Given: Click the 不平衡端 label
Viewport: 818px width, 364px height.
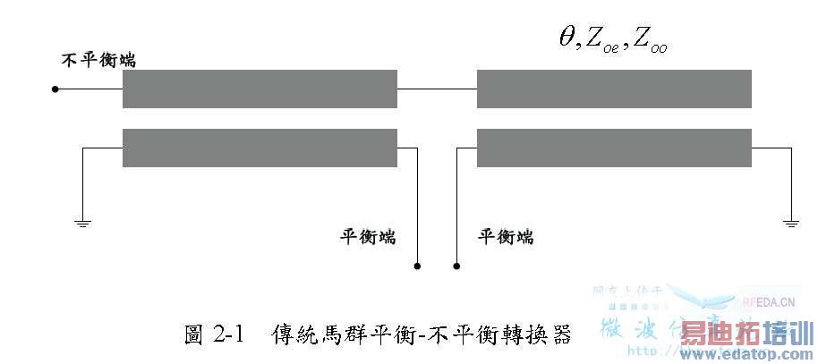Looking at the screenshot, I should click(x=98, y=61).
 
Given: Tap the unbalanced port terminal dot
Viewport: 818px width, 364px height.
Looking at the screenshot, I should click(x=55, y=89).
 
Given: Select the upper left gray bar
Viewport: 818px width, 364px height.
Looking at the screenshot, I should click(x=260, y=89).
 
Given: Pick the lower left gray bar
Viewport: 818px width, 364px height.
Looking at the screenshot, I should click(x=260, y=148).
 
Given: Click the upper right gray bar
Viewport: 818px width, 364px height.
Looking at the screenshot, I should click(x=614, y=89).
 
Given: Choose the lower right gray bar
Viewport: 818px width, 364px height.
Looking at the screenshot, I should click(x=614, y=148).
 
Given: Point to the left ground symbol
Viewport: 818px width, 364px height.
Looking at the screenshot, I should click(x=82, y=221).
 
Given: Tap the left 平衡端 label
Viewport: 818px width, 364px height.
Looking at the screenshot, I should click(x=367, y=237).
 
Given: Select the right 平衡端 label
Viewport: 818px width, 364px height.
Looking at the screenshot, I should click(x=507, y=237).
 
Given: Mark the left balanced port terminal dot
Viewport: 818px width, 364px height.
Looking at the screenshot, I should click(x=417, y=266).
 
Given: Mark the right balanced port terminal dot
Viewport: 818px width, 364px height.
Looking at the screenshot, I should click(x=456, y=266).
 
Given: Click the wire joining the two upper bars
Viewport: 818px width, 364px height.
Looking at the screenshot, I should click(x=437, y=89).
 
